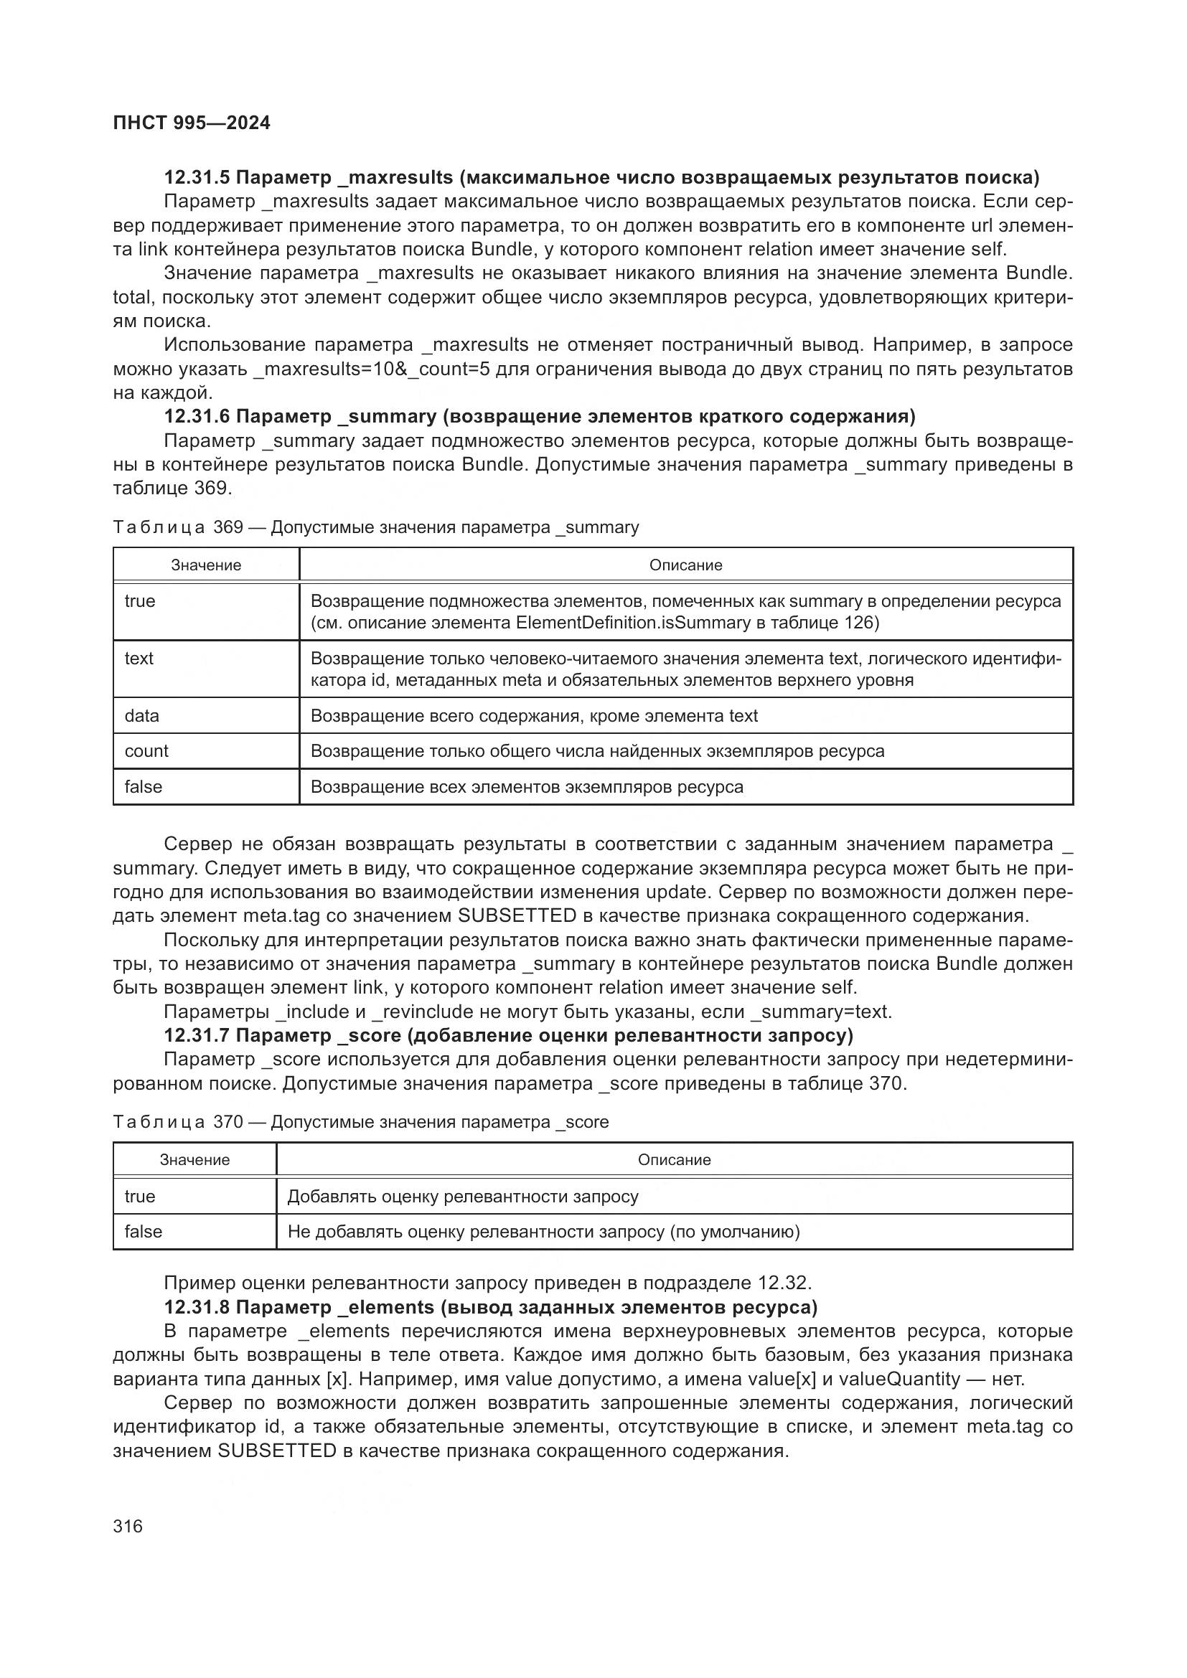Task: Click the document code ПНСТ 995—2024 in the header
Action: click(192, 123)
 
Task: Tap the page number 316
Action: click(128, 1525)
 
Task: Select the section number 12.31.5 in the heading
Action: click(197, 178)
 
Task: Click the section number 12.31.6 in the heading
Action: click(197, 417)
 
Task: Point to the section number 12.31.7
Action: click(197, 1036)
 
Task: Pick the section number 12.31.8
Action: click(197, 1306)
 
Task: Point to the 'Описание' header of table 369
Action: click(685, 565)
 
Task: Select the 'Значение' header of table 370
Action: click(194, 1160)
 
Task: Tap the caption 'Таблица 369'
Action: click(177, 528)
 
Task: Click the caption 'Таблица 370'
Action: click(177, 1123)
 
